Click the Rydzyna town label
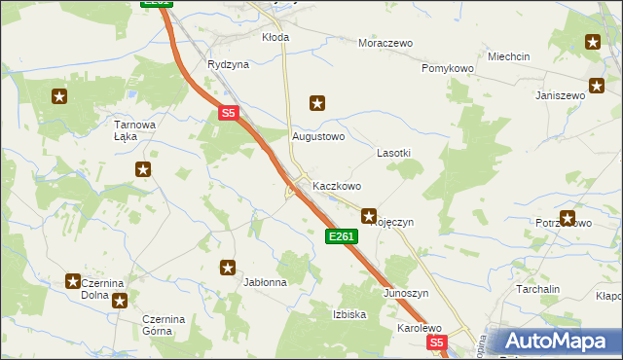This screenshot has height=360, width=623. (x=228, y=64)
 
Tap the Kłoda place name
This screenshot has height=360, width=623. (x=275, y=37)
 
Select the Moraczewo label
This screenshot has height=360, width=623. (x=385, y=44)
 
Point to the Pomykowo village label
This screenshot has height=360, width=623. (x=447, y=69)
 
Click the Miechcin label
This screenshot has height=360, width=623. (x=509, y=56)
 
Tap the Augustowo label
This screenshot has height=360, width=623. (x=319, y=136)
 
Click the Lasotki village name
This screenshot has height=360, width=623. (x=393, y=154)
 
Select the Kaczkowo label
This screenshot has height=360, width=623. (x=337, y=185)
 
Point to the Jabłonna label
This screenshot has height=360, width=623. (x=265, y=283)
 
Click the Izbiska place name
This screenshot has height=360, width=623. (x=349, y=314)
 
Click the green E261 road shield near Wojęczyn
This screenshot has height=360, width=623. (x=342, y=236)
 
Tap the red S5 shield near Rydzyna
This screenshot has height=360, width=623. (x=228, y=114)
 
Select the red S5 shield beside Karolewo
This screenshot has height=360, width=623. (x=437, y=342)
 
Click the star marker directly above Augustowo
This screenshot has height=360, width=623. (x=316, y=102)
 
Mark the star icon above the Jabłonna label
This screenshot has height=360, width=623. (x=228, y=268)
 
